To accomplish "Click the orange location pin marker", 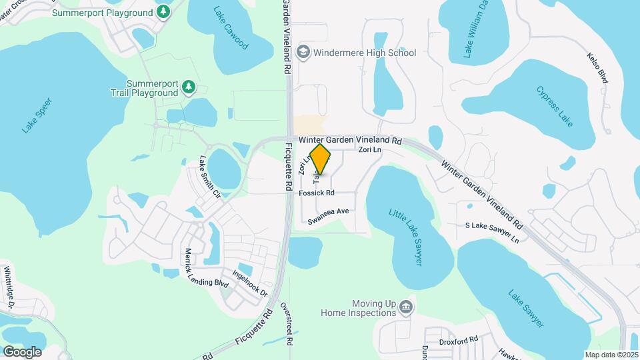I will point(321,159).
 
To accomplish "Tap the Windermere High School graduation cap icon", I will point(303,52).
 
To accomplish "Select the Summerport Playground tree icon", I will point(163,12).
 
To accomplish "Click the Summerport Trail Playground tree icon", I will point(189,87).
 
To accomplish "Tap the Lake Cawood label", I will point(231,28).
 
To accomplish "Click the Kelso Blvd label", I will point(598,67).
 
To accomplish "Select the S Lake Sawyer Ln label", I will point(492,233).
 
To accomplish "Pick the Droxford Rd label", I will point(459,341).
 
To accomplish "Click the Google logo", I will point(22,351).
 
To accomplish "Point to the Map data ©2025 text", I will point(611,354).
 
